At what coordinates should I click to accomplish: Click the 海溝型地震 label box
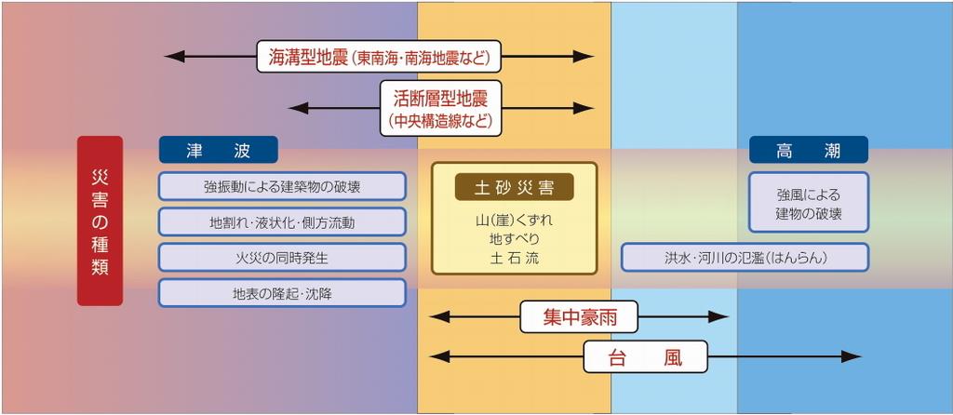point(380,57)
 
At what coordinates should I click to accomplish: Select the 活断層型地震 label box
point(441,108)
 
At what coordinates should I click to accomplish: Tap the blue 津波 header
point(218,150)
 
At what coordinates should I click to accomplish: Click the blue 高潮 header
point(809,150)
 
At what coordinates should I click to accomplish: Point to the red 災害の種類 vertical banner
point(100,221)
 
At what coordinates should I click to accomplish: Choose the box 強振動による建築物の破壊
point(282,186)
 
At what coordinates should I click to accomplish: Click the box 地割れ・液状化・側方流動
point(282,221)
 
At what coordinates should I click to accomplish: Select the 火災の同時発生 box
point(282,257)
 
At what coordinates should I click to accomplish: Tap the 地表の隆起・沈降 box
point(282,293)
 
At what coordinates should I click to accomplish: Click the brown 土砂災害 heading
point(514,187)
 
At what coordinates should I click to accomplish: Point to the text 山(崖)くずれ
point(514,220)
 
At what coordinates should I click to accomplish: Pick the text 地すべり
point(514,239)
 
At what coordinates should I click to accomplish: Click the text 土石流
point(514,258)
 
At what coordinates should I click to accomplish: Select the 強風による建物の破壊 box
point(809,202)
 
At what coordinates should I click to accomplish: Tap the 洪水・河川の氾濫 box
point(745,257)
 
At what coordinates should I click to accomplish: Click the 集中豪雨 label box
point(579,316)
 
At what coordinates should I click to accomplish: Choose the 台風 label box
point(646,356)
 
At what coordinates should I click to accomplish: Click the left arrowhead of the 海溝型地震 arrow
point(174,57)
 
